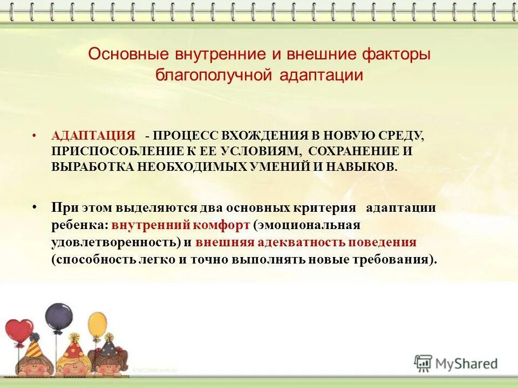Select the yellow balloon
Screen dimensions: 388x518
[97, 325]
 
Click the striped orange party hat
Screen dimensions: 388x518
[33, 347]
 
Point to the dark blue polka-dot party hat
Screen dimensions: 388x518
[109, 345]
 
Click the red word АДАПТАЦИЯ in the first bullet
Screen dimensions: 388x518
[93, 136]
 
